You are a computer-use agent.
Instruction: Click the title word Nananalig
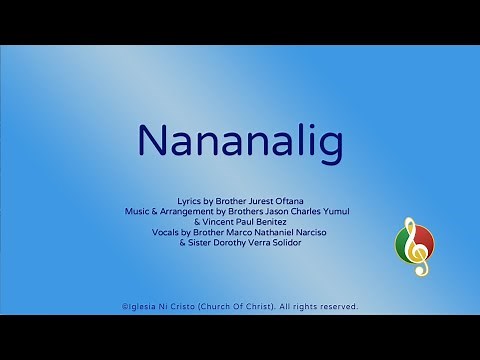(240, 141)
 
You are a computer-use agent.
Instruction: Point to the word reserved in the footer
(337, 307)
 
